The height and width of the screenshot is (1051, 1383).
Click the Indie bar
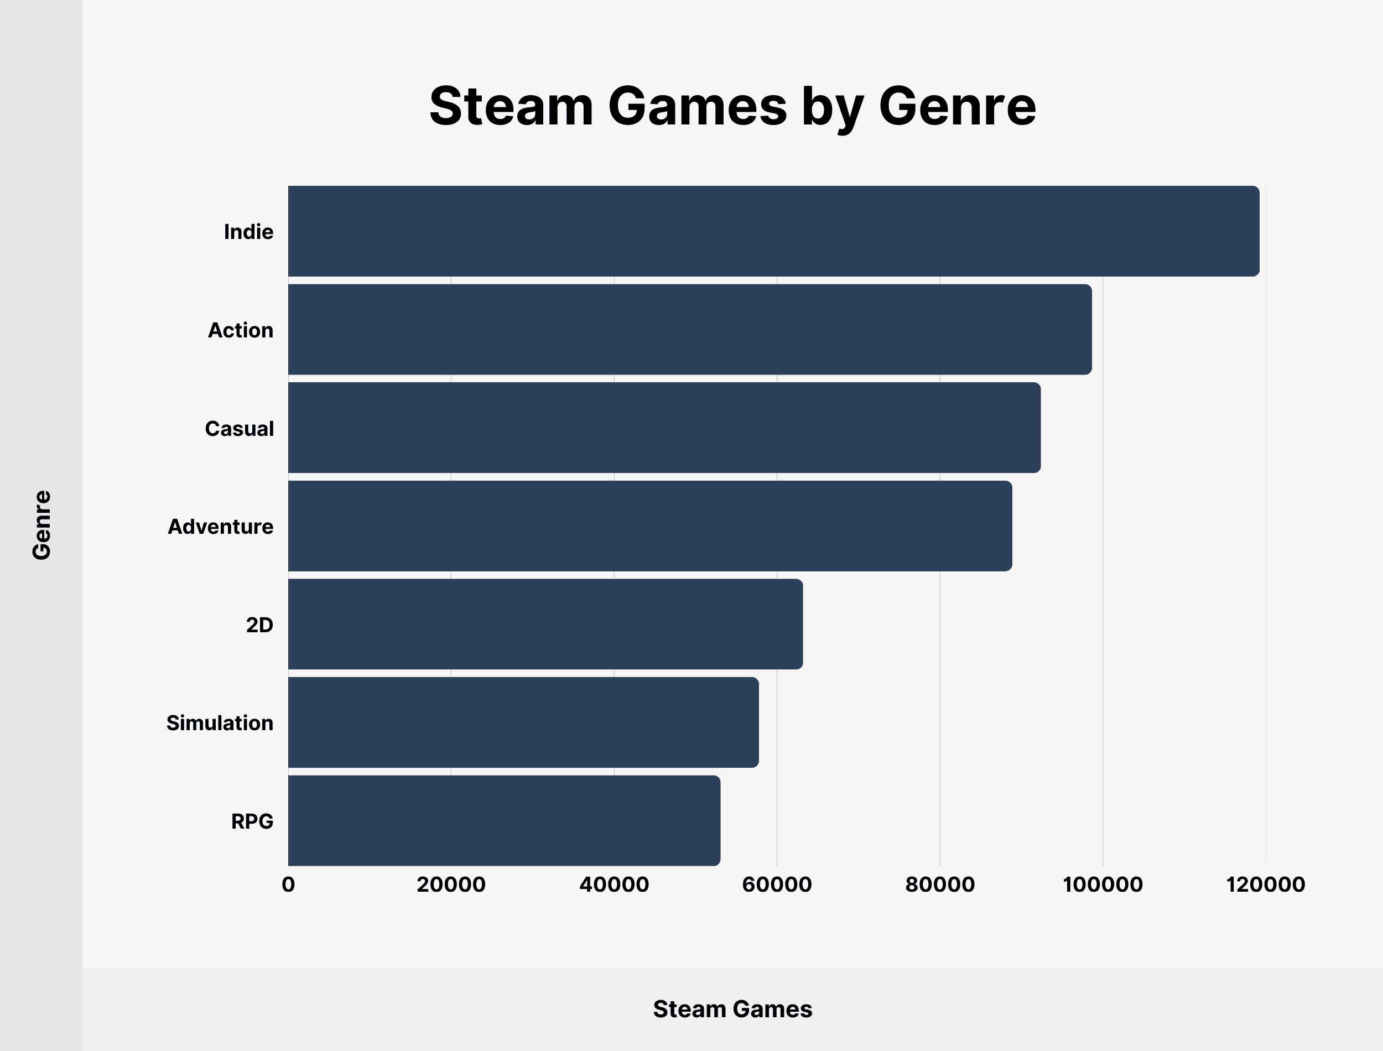click(x=773, y=231)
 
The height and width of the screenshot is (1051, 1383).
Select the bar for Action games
click(x=689, y=330)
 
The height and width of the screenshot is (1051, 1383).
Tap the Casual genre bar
click(x=664, y=428)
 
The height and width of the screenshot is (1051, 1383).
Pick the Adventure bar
click(x=649, y=526)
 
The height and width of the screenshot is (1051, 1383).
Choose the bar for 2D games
click(x=545, y=625)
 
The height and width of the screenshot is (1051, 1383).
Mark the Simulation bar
click(x=523, y=722)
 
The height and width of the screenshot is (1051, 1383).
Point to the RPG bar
click(x=503, y=821)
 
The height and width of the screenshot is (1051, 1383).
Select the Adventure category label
click(x=220, y=527)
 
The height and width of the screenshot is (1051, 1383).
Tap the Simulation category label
click(x=220, y=723)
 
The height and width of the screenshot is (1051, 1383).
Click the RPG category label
click(x=252, y=821)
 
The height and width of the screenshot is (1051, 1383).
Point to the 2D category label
click(x=259, y=625)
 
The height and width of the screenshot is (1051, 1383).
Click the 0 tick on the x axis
click(x=288, y=884)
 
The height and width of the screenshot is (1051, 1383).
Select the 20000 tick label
click(x=451, y=884)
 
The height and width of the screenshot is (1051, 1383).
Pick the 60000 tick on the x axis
click(x=777, y=884)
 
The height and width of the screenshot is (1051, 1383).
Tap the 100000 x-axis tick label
click(x=1103, y=884)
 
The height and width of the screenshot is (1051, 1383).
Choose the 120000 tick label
click(x=1265, y=884)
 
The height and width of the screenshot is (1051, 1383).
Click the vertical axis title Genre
click(x=42, y=525)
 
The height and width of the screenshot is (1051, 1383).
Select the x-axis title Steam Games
click(x=732, y=1009)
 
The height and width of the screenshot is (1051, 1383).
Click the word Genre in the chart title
click(x=957, y=106)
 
